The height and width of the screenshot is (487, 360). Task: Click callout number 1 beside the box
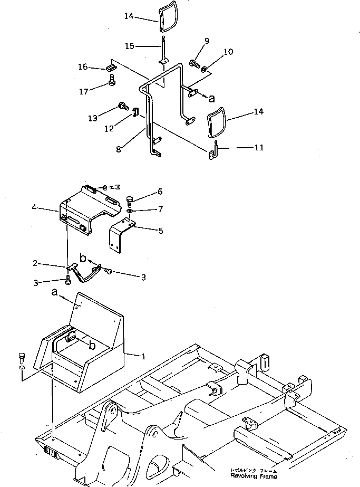143,356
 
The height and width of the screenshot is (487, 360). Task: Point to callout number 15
130,46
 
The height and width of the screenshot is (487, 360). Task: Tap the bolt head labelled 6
130,199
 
